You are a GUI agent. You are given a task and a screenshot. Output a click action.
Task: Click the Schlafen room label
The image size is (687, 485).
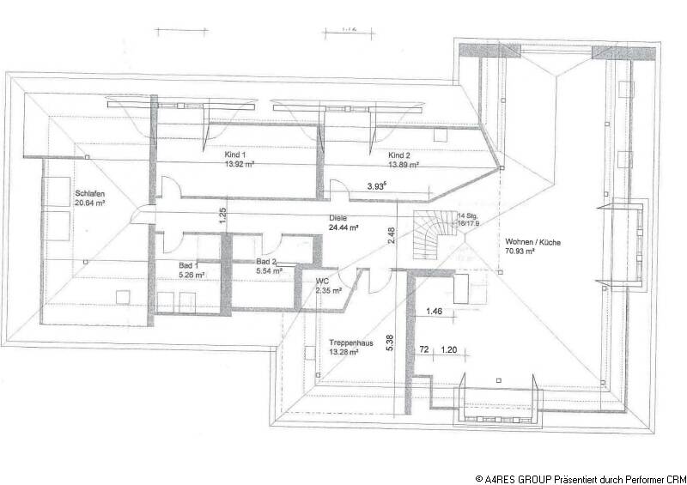(89, 193)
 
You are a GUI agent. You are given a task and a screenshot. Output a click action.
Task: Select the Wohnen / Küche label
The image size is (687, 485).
(533, 243)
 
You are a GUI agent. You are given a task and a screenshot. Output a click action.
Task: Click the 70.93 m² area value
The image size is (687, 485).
(533, 253)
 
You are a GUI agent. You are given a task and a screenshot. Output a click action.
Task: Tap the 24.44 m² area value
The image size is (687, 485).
(343, 228)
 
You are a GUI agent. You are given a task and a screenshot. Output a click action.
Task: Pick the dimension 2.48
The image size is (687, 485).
(391, 234)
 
